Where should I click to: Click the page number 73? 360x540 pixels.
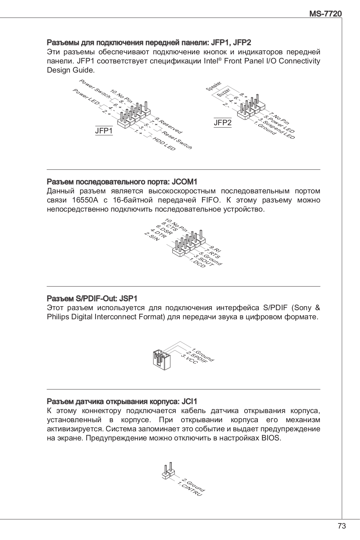pyautogui.click(x=341, y=526)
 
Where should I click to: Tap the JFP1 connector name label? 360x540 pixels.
pyautogui.click(x=104, y=131)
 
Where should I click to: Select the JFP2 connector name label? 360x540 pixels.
pyautogui.click(x=223, y=123)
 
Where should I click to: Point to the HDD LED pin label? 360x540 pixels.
pyautogui.click(x=164, y=144)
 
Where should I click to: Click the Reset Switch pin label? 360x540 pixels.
pyautogui.click(x=177, y=140)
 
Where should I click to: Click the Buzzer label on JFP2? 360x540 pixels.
pyautogui.click(x=223, y=92)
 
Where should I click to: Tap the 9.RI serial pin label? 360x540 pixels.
pyautogui.click(x=215, y=249)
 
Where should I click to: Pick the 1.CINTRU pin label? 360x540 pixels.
pyautogui.click(x=190, y=490)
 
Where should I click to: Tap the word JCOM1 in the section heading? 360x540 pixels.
pyautogui.click(x=185, y=182)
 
